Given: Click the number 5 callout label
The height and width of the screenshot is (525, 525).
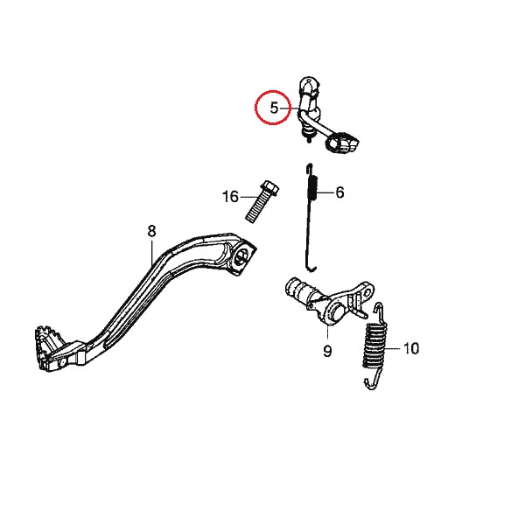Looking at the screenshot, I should coord(274,108).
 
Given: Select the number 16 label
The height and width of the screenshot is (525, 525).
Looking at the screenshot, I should coord(230,197).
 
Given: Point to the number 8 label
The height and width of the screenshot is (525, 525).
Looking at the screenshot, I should coord(150,231).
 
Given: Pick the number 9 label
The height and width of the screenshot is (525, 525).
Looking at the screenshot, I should coord(327,352).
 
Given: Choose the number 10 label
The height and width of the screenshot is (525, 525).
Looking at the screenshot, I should coord(411,348).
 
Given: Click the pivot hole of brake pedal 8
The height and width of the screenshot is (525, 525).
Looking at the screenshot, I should coord(241,256).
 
